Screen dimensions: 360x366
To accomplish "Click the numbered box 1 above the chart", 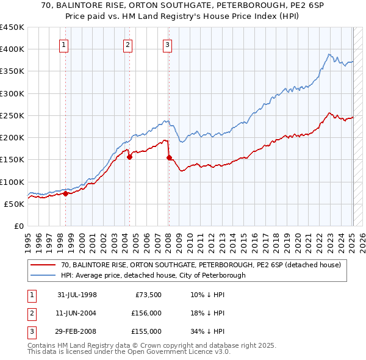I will [x=64, y=44].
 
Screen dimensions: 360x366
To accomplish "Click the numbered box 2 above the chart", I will [x=127, y=44].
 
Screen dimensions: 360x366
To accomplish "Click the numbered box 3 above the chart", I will [x=167, y=44].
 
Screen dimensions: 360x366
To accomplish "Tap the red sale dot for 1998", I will [x=65, y=194].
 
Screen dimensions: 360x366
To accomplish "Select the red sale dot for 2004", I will [x=130, y=157].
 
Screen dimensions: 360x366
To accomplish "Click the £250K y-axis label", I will [x=12, y=115].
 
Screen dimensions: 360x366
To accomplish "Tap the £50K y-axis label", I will [x=14, y=204].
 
